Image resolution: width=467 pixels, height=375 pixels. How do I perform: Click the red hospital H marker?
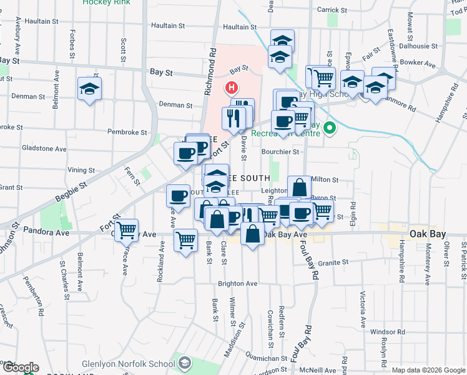tap(232, 87)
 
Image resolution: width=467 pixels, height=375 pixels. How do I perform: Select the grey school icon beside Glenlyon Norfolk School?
tap(185, 362)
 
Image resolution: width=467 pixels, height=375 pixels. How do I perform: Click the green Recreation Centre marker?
tap(329, 129)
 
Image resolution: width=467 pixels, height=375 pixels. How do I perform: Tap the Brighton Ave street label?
tap(237, 283)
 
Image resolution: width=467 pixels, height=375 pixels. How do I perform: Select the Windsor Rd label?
tap(388, 332)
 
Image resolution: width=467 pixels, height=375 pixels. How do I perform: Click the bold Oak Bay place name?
tap(427, 234)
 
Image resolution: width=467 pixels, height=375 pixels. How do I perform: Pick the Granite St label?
tap(332, 263)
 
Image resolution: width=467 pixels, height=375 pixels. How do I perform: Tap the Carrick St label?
tap(332, 10)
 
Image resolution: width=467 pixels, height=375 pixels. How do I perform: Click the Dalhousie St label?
tap(420, 46)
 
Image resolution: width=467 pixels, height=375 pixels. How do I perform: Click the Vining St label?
tap(81, 169)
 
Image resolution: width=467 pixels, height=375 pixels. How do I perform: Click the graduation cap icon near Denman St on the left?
tap(89, 89)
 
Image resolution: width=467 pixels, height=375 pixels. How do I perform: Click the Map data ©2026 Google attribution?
tap(428, 369)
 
